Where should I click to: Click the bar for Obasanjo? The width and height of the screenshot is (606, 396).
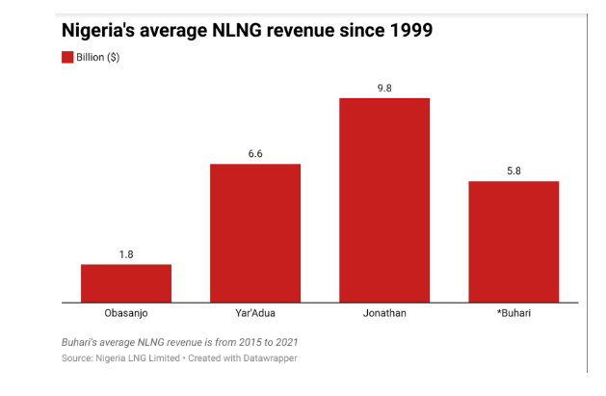126,283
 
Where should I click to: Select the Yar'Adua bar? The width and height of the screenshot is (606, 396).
255,233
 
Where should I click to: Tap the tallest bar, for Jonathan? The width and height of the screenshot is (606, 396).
384,200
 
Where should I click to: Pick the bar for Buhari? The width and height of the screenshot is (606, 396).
514,242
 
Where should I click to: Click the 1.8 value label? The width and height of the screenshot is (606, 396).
126,254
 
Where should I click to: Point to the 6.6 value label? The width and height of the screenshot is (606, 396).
255,154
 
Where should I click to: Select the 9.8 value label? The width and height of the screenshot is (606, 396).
384,88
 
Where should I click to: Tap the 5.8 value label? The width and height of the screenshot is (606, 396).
514,171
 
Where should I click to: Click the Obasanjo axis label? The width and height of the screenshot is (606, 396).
126,314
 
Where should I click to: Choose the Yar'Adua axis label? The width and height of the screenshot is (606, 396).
255,314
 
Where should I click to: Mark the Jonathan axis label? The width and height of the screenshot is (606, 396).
384,314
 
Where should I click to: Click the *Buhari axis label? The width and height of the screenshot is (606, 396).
514,314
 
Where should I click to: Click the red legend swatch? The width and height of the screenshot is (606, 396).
67,58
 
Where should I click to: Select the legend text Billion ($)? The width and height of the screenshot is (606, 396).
98,58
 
